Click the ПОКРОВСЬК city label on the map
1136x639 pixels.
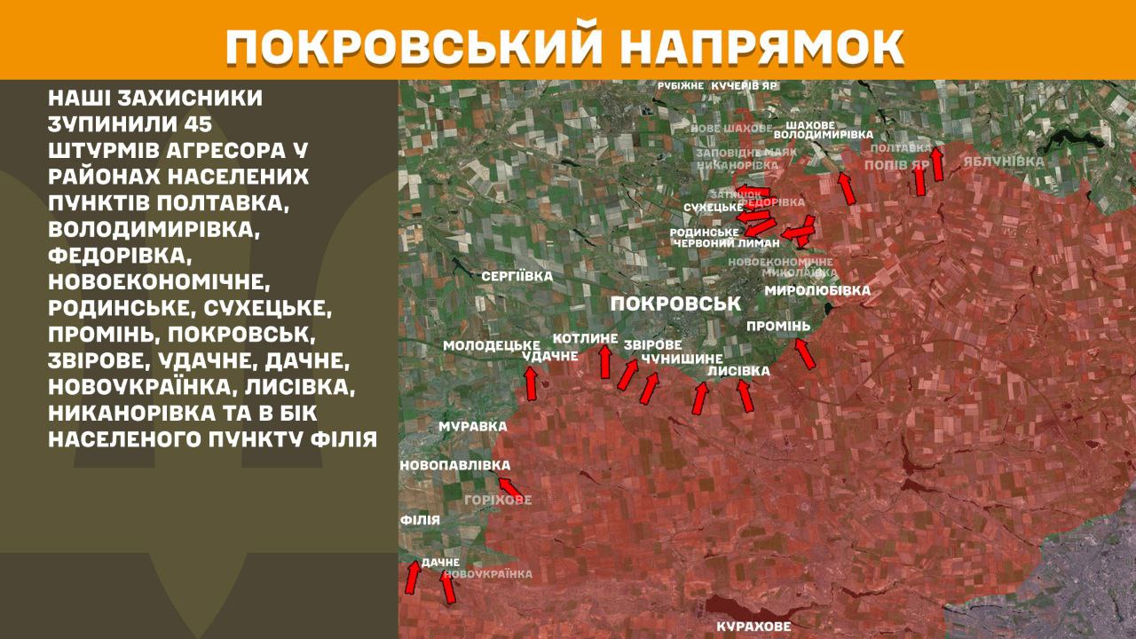click(x=675, y=304)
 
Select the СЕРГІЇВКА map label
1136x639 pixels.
click(x=517, y=276)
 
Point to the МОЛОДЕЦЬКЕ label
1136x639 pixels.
click(x=492, y=344)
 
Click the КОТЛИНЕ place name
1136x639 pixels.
click(x=584, y=338)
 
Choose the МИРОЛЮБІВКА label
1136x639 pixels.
click(x=817, y=290)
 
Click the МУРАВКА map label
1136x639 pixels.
click(x=467, y=427)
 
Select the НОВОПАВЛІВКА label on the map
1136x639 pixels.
click(x=455, y=465)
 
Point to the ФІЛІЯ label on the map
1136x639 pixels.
click(x=420, y=520)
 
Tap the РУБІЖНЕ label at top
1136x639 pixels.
click(x=681, y=86)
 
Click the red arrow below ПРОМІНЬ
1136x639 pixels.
click(x=804, y=353)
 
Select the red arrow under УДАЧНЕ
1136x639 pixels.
click(x=531, y=383)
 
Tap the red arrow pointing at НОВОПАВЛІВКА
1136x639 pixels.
click(x=509, y=487)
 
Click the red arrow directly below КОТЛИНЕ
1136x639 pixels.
click(x=605, y=362)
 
